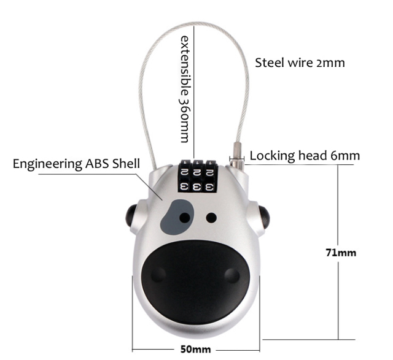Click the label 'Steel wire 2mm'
tap(300, 63)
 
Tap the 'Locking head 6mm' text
tap(305, 156)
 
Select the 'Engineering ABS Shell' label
tap(76, 164)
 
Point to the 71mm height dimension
tap(341, 252)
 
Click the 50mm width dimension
tap(196, 349)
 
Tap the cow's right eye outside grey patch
tap(211, 217)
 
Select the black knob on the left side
tap(130, 216)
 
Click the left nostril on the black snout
tap(158, 274)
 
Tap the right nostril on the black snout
tap(232, 274)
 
